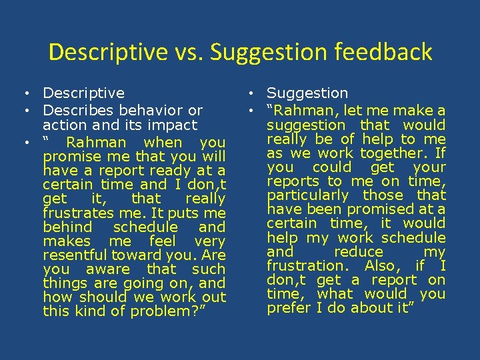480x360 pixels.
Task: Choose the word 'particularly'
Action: pos(308,195)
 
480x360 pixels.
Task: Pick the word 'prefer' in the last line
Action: pos(289,308)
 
